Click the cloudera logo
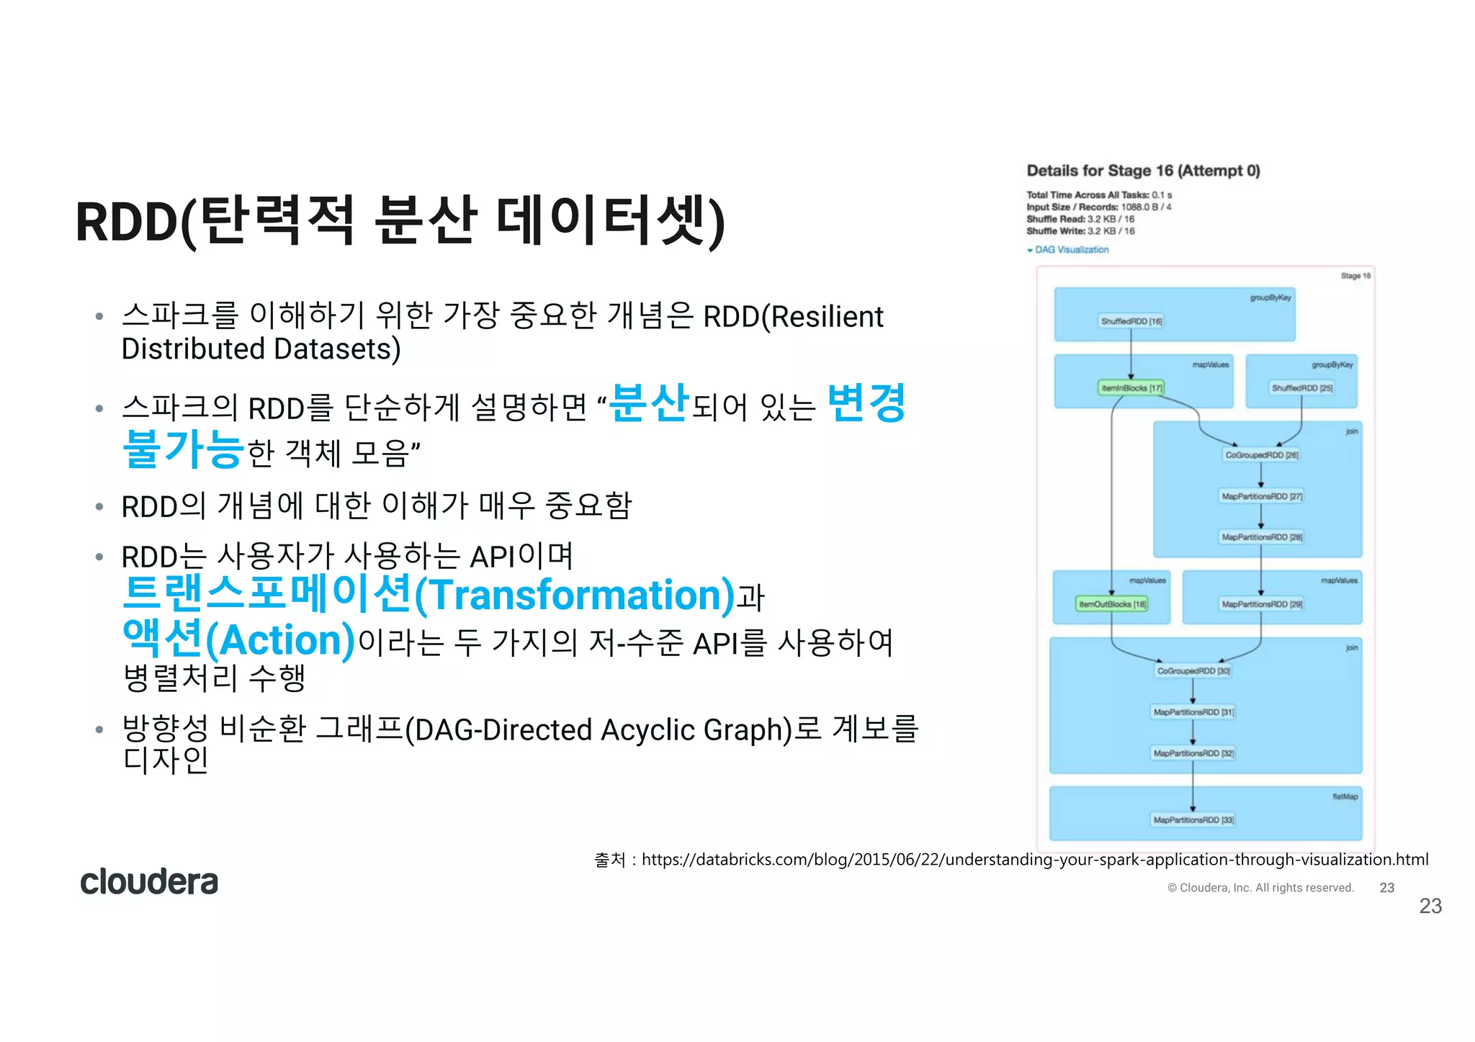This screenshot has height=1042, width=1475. (148, 881)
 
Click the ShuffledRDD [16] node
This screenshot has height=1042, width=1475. (1131, 321)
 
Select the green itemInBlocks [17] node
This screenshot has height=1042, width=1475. (1131, 388)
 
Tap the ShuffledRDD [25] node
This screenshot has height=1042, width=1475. (1301, 388)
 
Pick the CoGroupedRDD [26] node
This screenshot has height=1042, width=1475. (1261, 455)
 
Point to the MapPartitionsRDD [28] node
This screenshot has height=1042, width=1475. (1261, 537)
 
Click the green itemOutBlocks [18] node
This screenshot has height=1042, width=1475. (1112, 604)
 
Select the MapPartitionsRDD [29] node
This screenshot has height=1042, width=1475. (1261, 604)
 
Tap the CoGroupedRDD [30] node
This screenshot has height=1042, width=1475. (1193, 671)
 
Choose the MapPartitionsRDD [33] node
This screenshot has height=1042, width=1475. (1193, 820)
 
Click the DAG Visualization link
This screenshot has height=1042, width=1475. (1071, 250)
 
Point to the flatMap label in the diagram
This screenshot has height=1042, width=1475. (1344, 796)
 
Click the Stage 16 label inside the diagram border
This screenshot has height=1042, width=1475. (1355, 276)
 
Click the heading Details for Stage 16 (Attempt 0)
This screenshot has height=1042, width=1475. (1143, 171)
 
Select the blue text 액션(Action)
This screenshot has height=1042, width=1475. (238, 639)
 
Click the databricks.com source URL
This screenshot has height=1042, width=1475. (1034, 859)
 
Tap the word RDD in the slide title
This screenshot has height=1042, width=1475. (126, 222)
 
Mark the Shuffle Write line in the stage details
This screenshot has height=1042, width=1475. (1080, 231)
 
